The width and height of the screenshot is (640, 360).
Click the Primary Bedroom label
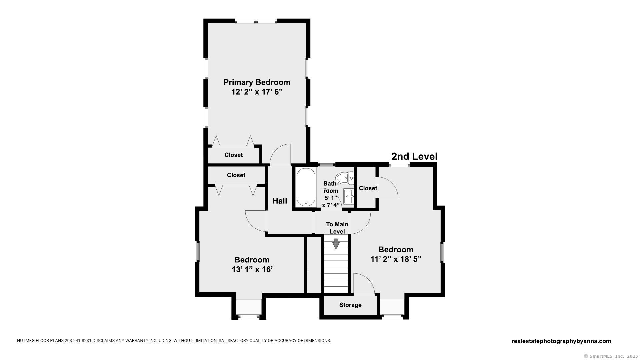pos(257,82)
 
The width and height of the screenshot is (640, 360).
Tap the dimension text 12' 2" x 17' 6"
pos(257,92)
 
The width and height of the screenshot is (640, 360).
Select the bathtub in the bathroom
pos(306,187)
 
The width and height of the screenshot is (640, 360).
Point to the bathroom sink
pos(349,197)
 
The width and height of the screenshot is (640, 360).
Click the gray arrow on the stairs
pos(336,244)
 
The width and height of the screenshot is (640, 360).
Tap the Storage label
pos(350,305)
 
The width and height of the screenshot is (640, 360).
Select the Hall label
pos(280,201)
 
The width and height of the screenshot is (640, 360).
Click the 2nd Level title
pos(414,156)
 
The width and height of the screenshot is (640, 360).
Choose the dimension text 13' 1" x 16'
pos(252,269)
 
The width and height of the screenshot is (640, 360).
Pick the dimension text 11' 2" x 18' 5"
pos(396,259)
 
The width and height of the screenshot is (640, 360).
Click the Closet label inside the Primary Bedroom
pos(233,155)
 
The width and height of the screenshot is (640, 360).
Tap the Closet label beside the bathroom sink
pos(368,188)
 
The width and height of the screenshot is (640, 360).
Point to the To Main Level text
pos(337,228)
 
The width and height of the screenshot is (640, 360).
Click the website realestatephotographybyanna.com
pos(561,341)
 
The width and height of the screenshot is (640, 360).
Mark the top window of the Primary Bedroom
pos(256,21)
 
